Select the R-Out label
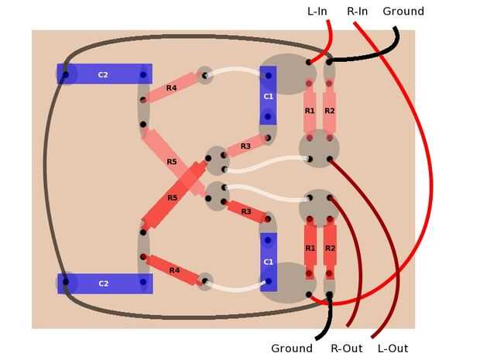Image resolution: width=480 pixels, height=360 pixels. coord(346,348)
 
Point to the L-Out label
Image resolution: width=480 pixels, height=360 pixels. coord(393,348)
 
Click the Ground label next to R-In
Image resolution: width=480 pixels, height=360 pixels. coord(403,11)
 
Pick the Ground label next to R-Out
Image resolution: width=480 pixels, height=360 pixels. coord(292,348)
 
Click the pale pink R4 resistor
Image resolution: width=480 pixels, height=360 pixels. coord(171,89)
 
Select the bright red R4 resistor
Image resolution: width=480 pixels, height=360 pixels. coord(173,269)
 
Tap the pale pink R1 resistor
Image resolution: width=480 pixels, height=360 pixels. coord(309,111)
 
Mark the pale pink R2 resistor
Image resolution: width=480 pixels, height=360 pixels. coord(329,111)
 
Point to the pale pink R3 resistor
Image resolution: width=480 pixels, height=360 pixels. coord(245,146)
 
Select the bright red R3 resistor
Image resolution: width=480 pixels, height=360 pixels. coord(246,211)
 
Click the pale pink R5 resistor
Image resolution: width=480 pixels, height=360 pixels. coord(172,161)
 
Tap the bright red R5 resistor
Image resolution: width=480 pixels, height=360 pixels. coord(172,197)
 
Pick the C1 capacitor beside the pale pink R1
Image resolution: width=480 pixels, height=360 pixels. coord(268,96)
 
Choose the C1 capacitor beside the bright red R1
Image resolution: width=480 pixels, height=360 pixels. coord(268,262)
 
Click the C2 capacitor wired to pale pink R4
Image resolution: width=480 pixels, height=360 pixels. coord(104,74)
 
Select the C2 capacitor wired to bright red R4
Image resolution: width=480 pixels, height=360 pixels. coord(104,283)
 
